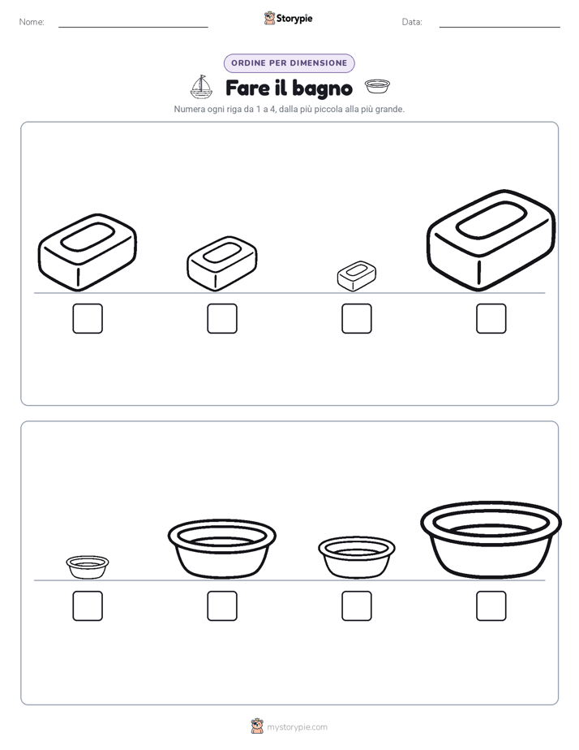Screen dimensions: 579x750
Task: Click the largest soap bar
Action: (491, 240)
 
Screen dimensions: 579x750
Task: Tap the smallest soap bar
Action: (356, 276)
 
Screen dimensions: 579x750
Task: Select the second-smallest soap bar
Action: (222, 263)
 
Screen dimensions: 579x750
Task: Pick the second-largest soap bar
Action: (88, 252)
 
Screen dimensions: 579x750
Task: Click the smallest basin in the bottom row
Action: (88, 567)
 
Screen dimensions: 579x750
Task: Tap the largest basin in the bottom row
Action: (491, 540)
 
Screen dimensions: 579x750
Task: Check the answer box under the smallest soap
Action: (356, 318)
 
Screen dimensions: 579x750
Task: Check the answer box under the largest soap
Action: (491, 318)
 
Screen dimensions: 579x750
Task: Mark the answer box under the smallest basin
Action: (88, 606)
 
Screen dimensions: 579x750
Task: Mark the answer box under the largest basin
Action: (491, 606)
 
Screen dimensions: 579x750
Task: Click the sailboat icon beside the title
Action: (201, 87)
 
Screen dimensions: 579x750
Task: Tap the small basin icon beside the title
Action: (377, 86)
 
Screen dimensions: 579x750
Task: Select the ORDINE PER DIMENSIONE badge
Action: (289, 63)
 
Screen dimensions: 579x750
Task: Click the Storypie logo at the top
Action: (288, 18)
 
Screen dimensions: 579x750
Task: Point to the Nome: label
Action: (32, 22)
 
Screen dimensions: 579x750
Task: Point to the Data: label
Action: (412, 22)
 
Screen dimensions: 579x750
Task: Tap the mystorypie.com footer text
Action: (297, 727)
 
